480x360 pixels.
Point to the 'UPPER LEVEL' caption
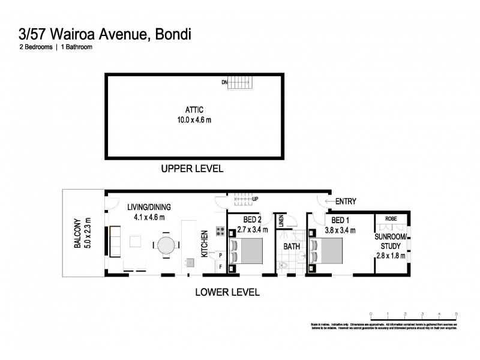pyautogui.click(x=192, y=169)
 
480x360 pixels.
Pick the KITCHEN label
pyautogui.click(x=204, y=244)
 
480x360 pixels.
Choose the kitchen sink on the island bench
pyautogui.click(x=190, y=262)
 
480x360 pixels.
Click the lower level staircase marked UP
pyautogui.click(x=244, y=199)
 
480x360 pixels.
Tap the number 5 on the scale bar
pyautogui.click(x=457, y=314)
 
